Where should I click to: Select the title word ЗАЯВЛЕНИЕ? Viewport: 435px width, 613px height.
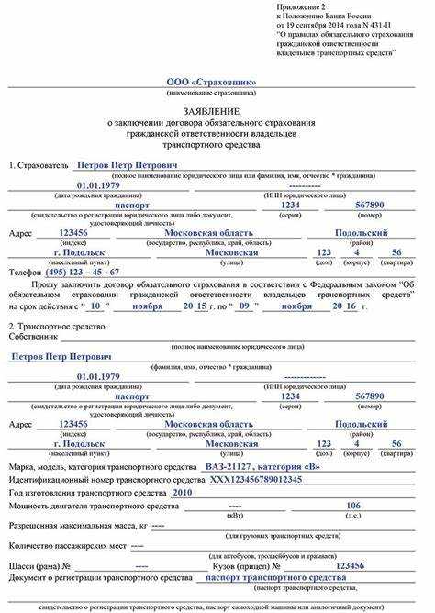[x=217, y=109]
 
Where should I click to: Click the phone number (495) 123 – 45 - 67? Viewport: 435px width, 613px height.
[x=81, y=272]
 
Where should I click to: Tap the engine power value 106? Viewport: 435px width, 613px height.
[x=352, y=505]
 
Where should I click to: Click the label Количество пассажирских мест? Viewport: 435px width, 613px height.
[x=68, y=545]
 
